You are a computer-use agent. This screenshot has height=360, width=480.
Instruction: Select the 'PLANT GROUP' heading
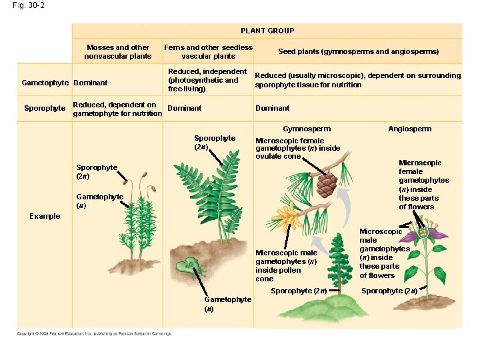click(267, 31)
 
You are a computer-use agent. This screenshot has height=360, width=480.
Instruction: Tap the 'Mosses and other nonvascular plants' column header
click(118, 52)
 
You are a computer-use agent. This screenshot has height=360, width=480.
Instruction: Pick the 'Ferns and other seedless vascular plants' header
click(209, 52)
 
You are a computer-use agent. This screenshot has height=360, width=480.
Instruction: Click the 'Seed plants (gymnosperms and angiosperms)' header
click(358, 52)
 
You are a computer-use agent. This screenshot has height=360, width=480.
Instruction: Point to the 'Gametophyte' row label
click(45, 84)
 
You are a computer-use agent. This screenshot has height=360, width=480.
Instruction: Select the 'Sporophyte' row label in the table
click(45, 108)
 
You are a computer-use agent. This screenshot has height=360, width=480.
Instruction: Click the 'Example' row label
click(45, 216)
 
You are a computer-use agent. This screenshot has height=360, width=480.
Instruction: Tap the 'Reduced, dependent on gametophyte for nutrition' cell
click(117, 109)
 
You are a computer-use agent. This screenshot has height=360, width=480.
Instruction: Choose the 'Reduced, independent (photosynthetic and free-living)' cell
click(207, 80)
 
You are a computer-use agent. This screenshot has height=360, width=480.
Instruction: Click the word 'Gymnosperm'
click(307, 129)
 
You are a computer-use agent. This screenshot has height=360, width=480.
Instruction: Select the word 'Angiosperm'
click(409, 129)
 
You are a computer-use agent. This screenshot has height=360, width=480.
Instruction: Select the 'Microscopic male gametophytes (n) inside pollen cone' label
click(287, 266)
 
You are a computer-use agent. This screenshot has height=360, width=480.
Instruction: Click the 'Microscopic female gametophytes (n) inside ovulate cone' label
click(297, 149)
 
